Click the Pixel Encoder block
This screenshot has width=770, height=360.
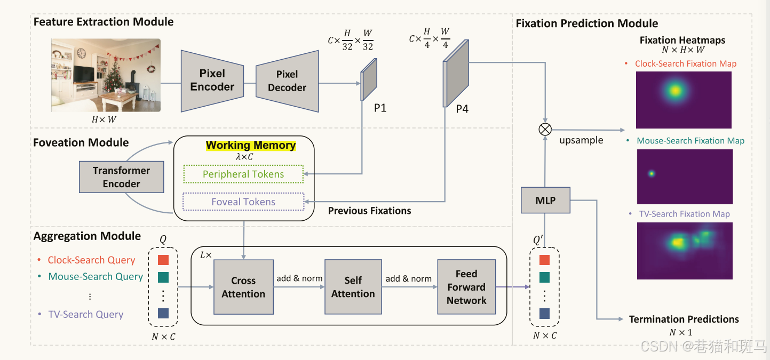212,81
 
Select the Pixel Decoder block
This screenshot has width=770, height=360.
287,81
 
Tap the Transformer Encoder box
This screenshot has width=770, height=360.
121,177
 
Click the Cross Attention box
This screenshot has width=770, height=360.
243,287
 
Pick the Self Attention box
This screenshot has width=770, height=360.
353,287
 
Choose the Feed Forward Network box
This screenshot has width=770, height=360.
466,287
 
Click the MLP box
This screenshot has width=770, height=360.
545,201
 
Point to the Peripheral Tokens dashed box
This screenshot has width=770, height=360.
243,174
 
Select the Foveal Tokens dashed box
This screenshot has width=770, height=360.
243,202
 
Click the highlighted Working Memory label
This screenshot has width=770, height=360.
251,145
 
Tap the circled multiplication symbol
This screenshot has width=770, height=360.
545,129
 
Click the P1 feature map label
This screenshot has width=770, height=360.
380,108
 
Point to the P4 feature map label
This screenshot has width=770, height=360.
462,109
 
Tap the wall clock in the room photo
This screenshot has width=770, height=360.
81,53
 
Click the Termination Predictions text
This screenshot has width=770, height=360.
684,319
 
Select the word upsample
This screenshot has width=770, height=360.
581,140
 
